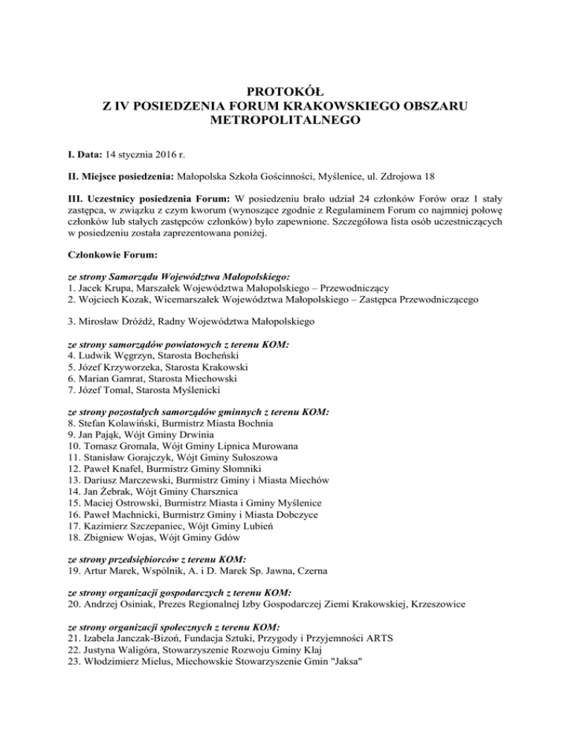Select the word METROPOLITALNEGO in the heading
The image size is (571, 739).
[x=285, y=119]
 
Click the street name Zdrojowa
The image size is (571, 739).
[x=399, y=177]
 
